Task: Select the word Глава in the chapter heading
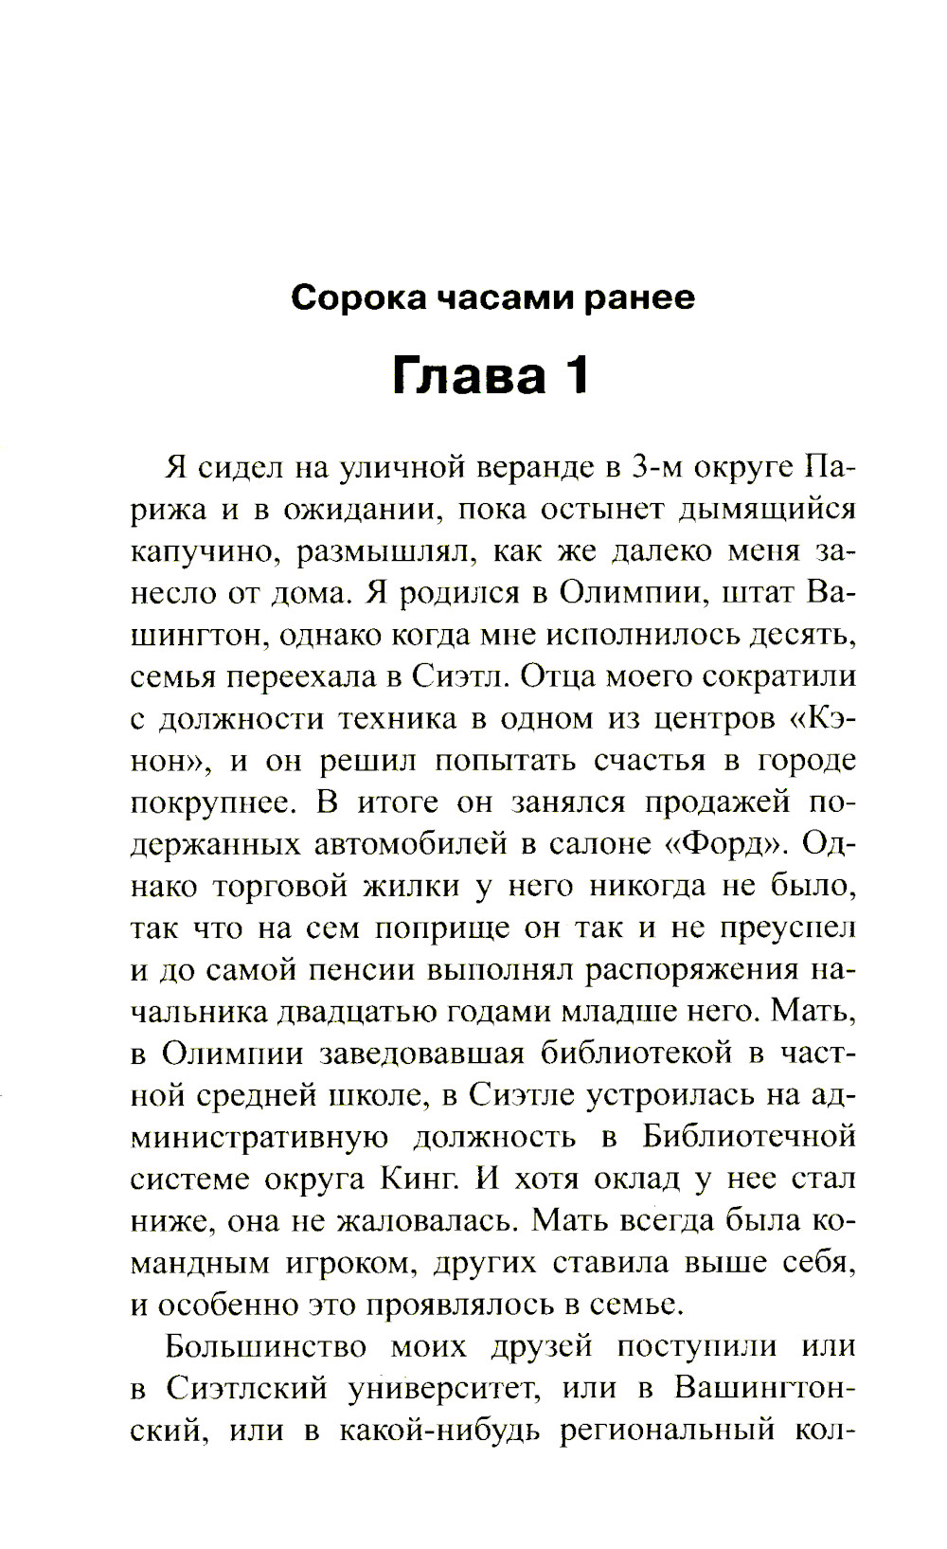(x=470, y=375)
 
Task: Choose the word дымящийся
(x=767, y=510)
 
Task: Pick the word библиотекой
(x=644, y=1053)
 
